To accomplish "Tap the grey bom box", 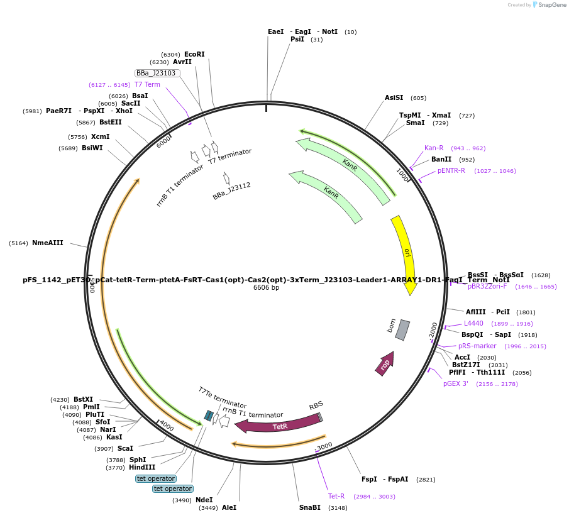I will click(x=402, y=329).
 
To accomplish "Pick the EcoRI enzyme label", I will click(x=194, y=55).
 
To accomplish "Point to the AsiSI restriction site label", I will click(x=394, y=98).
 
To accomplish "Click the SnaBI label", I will click(x=309, y=507).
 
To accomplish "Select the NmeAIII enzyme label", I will click(x=48, y=243).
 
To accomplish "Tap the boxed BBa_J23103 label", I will click(x=157, y=73).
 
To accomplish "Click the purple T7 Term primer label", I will click(x=147, y=84).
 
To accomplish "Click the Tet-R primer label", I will click(x=336, y=497).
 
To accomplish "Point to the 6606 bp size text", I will click(x=266, y=288).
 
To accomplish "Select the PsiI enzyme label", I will click(x=297, y=39).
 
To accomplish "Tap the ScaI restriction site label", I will click(x=125, y=448).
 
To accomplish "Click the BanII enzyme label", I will click(x=441, y=160).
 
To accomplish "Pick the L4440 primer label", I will click(x=473, y=323).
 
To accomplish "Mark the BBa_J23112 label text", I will click(x=231, y=191).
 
